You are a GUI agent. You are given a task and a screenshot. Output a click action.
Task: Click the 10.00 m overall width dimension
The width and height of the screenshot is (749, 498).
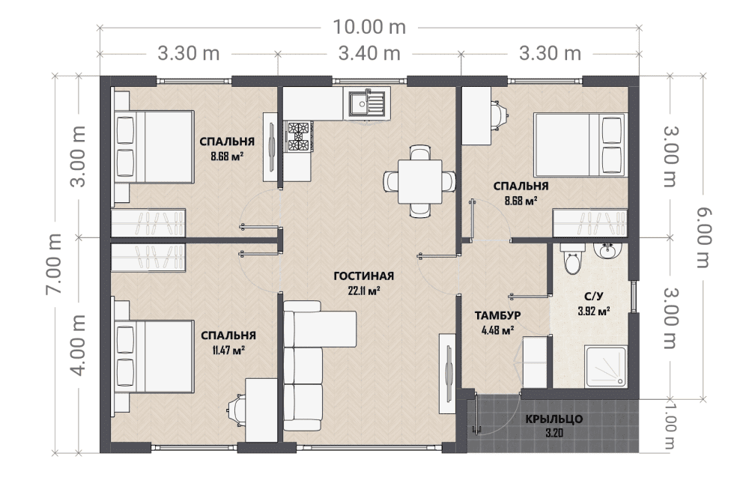369,27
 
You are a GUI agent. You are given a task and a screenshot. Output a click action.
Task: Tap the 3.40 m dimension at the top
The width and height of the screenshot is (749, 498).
369,53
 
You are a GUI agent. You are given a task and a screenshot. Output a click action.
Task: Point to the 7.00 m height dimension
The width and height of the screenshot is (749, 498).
53,264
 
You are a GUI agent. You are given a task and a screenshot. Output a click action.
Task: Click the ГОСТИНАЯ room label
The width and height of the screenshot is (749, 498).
363,276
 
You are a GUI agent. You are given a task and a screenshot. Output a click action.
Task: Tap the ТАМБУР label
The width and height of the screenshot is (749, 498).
498,315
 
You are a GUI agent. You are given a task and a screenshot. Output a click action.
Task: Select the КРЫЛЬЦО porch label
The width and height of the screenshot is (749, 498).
554,419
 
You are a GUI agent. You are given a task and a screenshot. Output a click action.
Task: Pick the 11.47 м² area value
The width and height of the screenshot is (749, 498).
228,350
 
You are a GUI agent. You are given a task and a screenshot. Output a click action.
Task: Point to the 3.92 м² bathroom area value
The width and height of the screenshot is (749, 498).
594,312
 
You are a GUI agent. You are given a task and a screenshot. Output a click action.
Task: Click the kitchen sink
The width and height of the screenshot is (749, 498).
367,103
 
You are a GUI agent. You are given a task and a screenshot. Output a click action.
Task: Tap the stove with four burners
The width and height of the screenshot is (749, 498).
299,136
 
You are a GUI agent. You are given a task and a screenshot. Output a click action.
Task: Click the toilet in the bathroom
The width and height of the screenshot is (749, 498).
572,258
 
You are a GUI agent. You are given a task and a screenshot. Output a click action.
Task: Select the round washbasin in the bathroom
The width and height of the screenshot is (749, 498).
607,251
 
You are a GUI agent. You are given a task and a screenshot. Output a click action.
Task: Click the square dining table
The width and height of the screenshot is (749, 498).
420,181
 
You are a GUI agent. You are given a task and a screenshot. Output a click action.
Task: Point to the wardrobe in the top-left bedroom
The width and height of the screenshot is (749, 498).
148,222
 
